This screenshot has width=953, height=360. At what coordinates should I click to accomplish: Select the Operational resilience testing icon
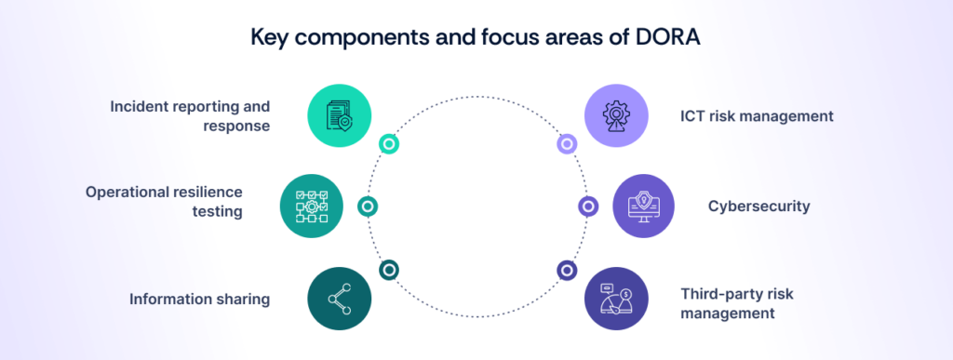312,206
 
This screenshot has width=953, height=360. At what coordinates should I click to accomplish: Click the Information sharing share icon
340,299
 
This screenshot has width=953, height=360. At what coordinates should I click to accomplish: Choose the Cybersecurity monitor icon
645,206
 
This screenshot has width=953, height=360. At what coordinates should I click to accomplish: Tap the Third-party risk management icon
615,299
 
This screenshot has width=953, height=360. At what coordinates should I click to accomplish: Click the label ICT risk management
756,116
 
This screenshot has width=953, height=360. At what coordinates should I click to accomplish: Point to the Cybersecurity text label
758,206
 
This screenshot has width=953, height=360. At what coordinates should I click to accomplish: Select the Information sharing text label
200,299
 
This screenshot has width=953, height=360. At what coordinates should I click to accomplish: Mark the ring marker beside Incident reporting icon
389,144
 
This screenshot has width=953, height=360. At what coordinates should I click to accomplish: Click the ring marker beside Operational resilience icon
368,206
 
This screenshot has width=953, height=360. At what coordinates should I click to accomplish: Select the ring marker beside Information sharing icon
389,270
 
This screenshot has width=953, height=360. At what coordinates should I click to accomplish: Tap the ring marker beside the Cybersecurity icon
588,206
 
